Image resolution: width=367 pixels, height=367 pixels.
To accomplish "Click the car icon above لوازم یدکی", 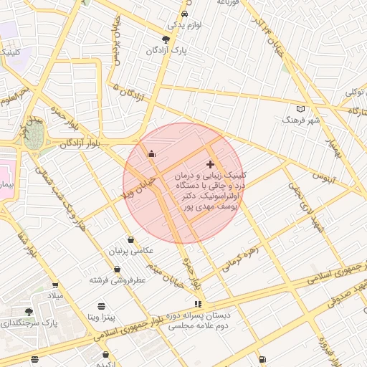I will pyautogui.click(x=185, y=14).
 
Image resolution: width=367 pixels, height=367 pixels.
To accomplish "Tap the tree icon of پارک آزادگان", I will pyautogui.click(x=166, y=39).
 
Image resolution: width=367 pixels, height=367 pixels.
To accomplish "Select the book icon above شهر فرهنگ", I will pyautogui.click(x=300, y=108).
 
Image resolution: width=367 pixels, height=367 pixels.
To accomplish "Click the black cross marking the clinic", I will pyautogui.click(x=210, y=165).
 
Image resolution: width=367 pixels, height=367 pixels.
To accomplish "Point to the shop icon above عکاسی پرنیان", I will pyautogui.click(x=130, y=239).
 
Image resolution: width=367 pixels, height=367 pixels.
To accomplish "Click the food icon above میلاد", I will pyautogui.click(x=55, y=285).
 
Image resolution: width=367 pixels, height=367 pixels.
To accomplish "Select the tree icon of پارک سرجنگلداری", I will pyautogui.click(x=29, y=312).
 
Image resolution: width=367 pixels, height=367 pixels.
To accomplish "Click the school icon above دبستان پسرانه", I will pyautogui.click(x=197, y=304).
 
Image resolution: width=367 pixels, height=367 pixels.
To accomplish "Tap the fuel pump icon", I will pyautogui.click(x=263, y=358).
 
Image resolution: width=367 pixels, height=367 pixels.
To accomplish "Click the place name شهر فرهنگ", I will pyautogui.click(x=300, y=120).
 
